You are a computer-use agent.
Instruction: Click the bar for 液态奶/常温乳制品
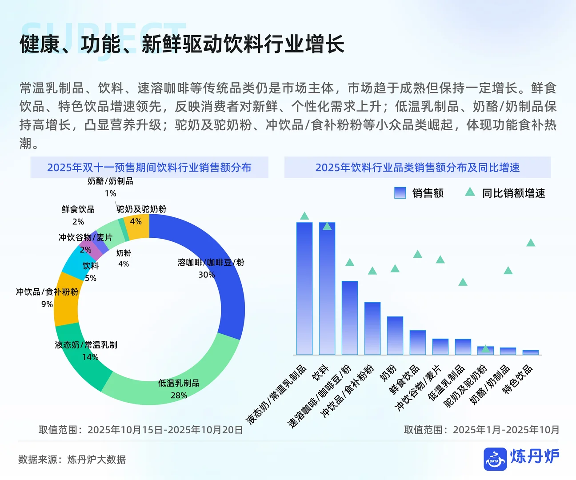[304, 289]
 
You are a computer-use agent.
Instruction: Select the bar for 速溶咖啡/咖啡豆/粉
[350, 318]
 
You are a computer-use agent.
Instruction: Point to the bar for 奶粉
[395, 336]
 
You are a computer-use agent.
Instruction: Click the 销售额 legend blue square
[400, 192]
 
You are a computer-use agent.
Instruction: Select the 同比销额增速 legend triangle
[470, 192]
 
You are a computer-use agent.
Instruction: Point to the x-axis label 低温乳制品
[446, 382]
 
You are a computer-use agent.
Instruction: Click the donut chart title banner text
[149, 168]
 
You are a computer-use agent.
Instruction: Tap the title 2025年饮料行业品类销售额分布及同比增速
[417, 168]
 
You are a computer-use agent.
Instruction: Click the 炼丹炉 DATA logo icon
[495, 459]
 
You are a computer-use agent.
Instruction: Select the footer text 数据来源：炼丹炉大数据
[72, 460]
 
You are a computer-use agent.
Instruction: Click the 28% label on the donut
[179, 395]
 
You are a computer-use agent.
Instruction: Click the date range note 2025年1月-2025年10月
[506, 430]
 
